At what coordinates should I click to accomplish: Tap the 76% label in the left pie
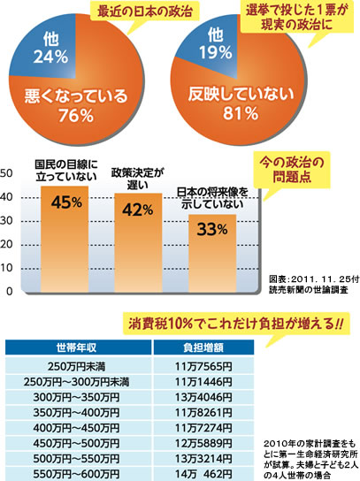76,116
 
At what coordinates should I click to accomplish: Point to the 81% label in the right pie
241,113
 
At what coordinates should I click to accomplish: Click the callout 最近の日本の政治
144,11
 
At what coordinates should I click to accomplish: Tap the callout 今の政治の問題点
292,170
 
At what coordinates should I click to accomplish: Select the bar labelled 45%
65,239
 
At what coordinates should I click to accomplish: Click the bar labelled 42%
138,242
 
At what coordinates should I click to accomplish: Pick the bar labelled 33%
212,253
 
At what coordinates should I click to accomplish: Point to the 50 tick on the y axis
6,173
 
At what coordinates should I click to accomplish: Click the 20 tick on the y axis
6,245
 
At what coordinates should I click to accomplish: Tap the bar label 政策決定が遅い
137,179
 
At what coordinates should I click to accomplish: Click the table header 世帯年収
76,347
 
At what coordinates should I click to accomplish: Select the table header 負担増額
203,347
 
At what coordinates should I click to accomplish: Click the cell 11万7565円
203,366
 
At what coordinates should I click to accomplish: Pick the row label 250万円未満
76,366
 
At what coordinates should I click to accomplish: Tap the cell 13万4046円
203,397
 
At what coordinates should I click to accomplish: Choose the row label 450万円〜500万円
76,443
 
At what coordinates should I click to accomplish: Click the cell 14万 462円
203,474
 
